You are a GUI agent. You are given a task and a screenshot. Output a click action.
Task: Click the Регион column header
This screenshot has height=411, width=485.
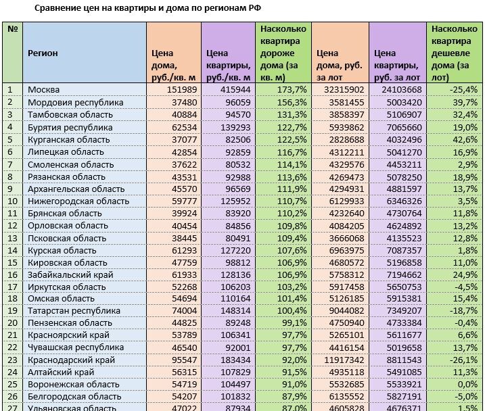43,52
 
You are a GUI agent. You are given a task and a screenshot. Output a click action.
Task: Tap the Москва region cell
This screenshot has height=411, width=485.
44,89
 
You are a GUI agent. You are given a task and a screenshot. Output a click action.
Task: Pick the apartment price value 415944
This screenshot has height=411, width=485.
234,89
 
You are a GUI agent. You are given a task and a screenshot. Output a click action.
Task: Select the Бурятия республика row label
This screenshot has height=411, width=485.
70,126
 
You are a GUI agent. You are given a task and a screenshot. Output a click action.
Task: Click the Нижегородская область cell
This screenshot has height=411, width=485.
78,201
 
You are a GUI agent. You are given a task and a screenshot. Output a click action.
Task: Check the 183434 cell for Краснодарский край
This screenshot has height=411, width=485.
234,360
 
